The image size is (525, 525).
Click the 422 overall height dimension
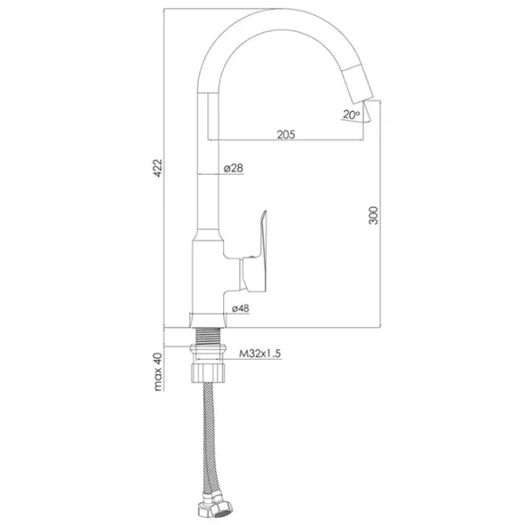(157, 168)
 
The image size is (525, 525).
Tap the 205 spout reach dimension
(286, 135)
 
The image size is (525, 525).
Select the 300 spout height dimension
(373, 215)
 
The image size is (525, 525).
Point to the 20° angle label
(351, 115)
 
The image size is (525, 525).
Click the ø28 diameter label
(234, 168)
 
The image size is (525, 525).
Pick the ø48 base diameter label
(241, 308)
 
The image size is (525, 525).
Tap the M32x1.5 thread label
(260, 353)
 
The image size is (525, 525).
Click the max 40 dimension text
(157, 372)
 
